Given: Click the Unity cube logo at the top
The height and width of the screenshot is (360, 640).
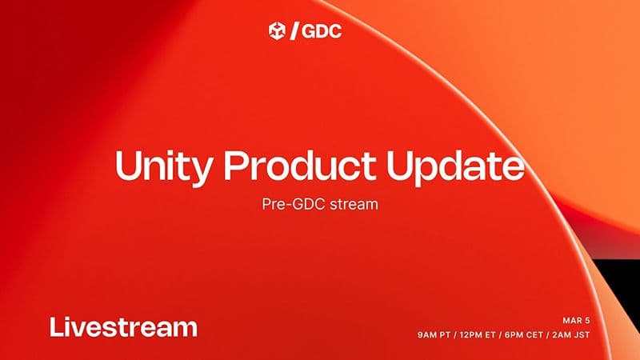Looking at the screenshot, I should click(278, 31).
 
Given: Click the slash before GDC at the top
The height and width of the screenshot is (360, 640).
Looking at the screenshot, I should click(295, 32).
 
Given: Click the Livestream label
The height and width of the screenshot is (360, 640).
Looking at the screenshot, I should click(123, 327).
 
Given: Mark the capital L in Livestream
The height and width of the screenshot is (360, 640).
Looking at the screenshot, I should click(54, 327).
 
